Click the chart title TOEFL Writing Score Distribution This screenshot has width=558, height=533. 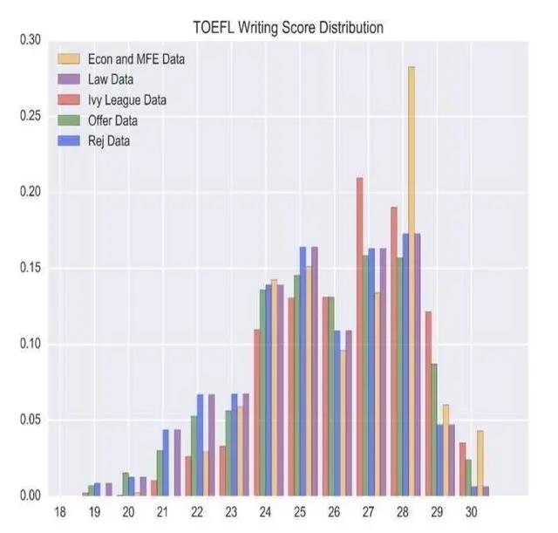[x=288, y=28]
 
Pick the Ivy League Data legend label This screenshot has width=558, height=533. [x=126, y=100]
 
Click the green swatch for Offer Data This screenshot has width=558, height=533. [x=69, y=120]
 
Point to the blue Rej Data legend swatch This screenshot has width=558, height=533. [x=69, y=140]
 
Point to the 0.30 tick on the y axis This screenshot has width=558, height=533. [x=31, y=40]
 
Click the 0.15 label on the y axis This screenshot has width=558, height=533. [x=31, y=269]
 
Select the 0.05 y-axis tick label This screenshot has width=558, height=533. [x=31, y=420]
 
